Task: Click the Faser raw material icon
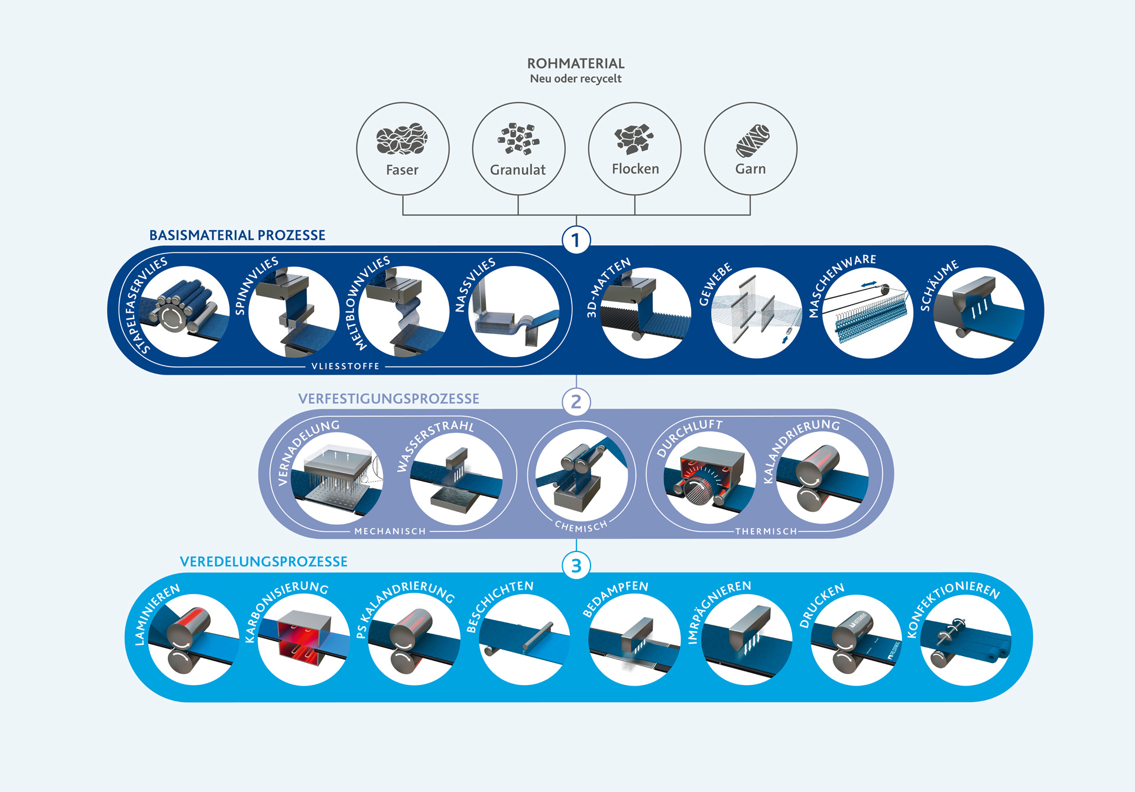tap(402, 139)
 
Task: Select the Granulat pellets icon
tap(518, 139)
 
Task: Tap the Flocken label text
tap(635, 169)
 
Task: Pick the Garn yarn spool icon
tap(752, 141)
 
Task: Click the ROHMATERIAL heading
tap(575, 64)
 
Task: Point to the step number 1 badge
tap(576, 241)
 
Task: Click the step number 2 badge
tap(576, 402)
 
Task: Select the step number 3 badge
tap(576, 566)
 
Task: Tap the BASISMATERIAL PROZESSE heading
tap(237, 235)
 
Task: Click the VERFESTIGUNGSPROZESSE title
tap(388, 399)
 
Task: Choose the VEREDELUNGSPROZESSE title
tap(264, 561)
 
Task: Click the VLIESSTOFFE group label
tap(345, 366)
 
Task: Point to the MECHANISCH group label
tap(390, 531)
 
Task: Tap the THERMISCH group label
tap(766, 531)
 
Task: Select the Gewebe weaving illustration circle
tap(757, 312)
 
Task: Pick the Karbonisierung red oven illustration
tap(303, 640)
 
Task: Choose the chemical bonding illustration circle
tap(582, 476)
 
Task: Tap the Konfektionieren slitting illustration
tap(966, 640)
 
